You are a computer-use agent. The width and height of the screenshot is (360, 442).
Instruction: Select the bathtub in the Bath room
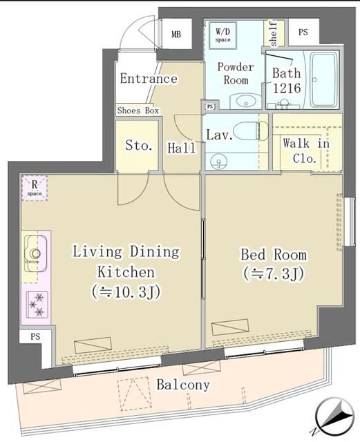coord(323,79)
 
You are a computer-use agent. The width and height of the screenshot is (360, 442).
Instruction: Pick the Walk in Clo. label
coord(306,151)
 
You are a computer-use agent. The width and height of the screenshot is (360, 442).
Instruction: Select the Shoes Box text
coord(138,110)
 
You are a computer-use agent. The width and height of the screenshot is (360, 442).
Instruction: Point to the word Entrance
coord(148,78)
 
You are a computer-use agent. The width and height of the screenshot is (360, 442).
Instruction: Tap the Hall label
coord(181,147)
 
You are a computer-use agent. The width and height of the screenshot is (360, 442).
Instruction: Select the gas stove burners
coord(36,305)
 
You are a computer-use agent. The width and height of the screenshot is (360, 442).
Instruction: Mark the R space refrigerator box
coord(34,187)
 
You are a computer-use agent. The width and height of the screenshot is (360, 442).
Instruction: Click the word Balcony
coord(182,385)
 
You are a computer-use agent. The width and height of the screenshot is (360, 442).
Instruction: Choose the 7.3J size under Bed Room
coord(274,273)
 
